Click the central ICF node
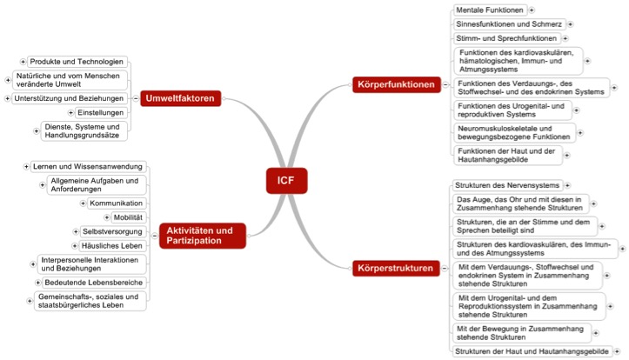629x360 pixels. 286,181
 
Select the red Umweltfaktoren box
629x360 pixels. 180,98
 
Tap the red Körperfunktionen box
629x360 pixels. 397,84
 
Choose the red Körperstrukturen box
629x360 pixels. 396,268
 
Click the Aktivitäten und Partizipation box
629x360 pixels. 202,236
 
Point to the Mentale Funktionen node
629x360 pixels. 490,10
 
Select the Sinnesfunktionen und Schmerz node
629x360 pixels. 509,24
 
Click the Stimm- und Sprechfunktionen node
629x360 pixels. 506,38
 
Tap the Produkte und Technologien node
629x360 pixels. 77,62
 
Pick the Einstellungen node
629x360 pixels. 101,113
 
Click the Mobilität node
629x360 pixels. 129,217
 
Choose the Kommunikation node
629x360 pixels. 117,203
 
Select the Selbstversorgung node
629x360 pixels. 113,231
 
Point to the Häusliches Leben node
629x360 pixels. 112,246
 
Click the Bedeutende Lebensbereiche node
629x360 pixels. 94,283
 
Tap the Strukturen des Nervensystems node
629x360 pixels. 507,185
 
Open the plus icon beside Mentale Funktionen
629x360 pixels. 532,10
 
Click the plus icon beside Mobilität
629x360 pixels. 107,217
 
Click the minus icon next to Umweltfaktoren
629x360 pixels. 136,98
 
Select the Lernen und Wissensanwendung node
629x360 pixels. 88,167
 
